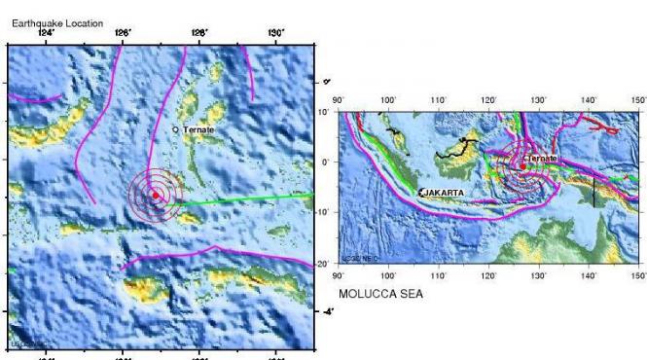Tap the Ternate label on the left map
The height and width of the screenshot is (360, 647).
198,129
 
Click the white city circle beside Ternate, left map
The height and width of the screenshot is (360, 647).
175,129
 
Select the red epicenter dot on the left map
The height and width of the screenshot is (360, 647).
156,195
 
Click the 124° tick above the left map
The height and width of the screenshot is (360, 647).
45,35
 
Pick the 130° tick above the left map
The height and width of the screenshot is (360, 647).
275,35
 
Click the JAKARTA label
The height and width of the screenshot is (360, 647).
445,193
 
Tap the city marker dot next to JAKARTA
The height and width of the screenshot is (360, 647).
420,193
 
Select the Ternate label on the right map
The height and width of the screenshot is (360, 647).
543,158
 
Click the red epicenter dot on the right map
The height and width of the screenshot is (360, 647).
522,166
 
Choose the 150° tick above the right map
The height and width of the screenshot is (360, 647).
638,99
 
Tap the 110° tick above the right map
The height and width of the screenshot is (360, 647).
438,99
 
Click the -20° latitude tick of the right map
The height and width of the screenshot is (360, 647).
328,264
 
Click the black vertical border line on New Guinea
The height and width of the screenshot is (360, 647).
593,190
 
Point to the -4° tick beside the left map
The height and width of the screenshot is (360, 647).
328,311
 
